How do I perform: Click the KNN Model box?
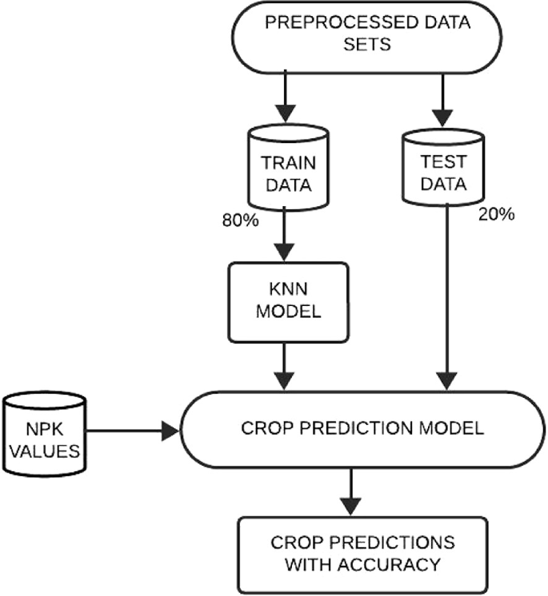pyautogui.click(x=288, y=300)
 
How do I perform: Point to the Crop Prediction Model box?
pyautogui.click(x=362, y=428)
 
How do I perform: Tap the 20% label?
pyautogui.click(x=494, y=215)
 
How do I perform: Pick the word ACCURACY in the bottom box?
pyautogui.click(x=391, y=565)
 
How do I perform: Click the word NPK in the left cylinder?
pyautogui.click(x=44, y=427)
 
